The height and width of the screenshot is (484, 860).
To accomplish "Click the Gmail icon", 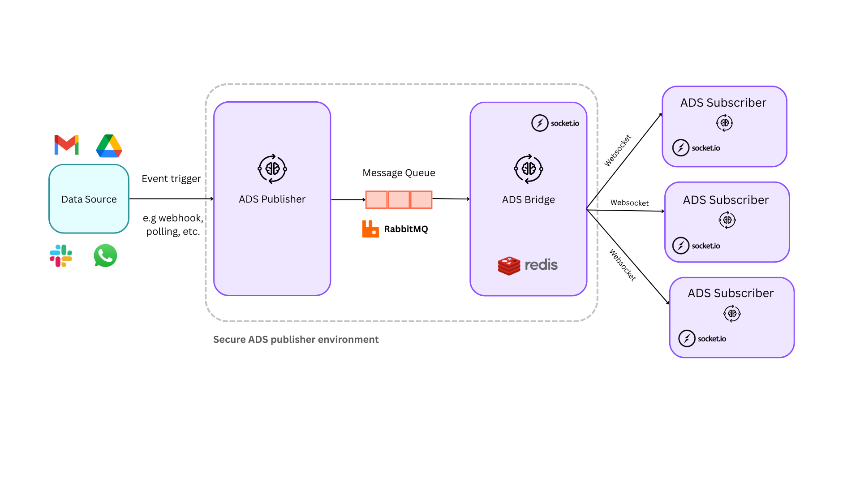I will (66, 145).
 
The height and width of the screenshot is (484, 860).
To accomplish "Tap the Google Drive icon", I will (109, 146).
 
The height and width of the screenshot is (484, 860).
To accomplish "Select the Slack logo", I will (61, 256).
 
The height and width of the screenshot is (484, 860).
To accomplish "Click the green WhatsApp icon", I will (105, 255).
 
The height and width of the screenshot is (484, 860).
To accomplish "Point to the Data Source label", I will (89, 199).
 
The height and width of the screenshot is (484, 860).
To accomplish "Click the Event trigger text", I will (171, 179).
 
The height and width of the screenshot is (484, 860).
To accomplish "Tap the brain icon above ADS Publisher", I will (272, 169).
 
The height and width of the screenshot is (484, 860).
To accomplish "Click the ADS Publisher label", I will (272, 199).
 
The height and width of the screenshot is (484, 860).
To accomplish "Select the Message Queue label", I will (399, 173).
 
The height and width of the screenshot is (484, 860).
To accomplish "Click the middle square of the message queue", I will (399, 199).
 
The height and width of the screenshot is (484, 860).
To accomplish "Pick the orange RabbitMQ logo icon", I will (370, 229).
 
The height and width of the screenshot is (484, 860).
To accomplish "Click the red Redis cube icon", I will (509, 265).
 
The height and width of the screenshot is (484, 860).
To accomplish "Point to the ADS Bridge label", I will (528, 200).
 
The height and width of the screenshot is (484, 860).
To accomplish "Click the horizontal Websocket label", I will (629, 203).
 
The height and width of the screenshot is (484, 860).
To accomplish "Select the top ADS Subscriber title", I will (723, 103).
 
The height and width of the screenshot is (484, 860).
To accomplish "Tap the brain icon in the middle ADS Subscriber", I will (727, 220).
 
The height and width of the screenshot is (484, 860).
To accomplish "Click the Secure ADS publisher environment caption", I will (296, 340).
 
